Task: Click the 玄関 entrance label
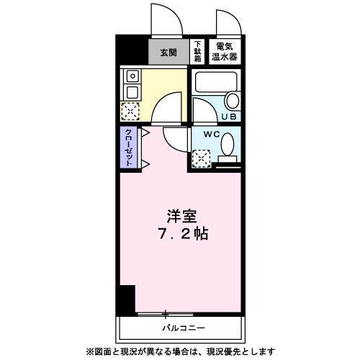tap(168, 52)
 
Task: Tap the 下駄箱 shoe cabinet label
tap(197, 52)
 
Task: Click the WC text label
tap(210, 135)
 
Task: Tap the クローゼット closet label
tap(128, 148)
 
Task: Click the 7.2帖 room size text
tap(181, 233)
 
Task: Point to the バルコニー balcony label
tap(183, 328)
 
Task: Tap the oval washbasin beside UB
tap(232, 101)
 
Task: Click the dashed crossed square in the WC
tap(201, 157)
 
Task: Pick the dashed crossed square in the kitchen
tap(132, 110)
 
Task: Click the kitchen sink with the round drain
tap(132, 76)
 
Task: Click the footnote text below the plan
tap(179, 351)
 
